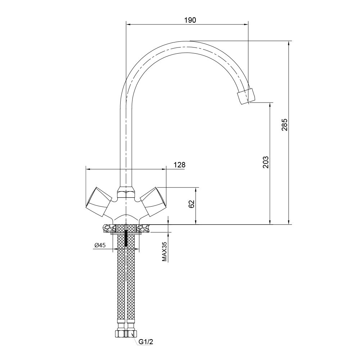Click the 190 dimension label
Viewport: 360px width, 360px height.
tap(190, 20)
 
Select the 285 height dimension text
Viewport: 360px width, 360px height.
tap(284, 125)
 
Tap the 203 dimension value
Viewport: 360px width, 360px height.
tap(266, 162)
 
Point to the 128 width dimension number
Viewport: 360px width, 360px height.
tap(180, 165)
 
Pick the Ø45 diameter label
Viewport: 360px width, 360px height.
tap(100, 246)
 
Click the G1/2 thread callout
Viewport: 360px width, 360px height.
tap(146, 348)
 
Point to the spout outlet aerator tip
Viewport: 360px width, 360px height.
tap(246, 96)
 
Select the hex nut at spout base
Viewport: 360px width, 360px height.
tap(126, 192)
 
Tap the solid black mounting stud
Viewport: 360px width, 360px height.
tap(126, 239)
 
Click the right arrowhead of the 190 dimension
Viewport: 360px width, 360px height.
tap(246, 24)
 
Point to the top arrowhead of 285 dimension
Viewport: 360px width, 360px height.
tap(289, 43)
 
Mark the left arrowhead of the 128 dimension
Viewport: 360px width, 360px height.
tap(88, 169)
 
